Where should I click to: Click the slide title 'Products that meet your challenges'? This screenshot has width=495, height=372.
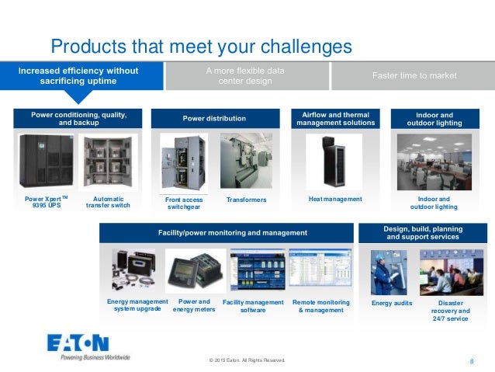click(x=201, y=47)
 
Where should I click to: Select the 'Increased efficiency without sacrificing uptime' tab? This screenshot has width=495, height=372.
click(x=78, y=75)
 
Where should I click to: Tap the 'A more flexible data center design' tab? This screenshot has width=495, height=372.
click(x=245, y=75)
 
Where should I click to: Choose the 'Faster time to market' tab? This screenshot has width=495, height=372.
click(x=414, y=75)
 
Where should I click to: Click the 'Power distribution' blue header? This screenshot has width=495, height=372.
click(x=214, y=119)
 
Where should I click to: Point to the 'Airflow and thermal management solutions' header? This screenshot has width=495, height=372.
click(x=336, y=119)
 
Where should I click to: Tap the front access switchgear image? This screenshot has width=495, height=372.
click(x=183, y=163)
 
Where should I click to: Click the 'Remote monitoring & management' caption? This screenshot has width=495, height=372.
click(x=320, y=306)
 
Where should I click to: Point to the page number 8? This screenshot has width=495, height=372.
click(x=472, y=361)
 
